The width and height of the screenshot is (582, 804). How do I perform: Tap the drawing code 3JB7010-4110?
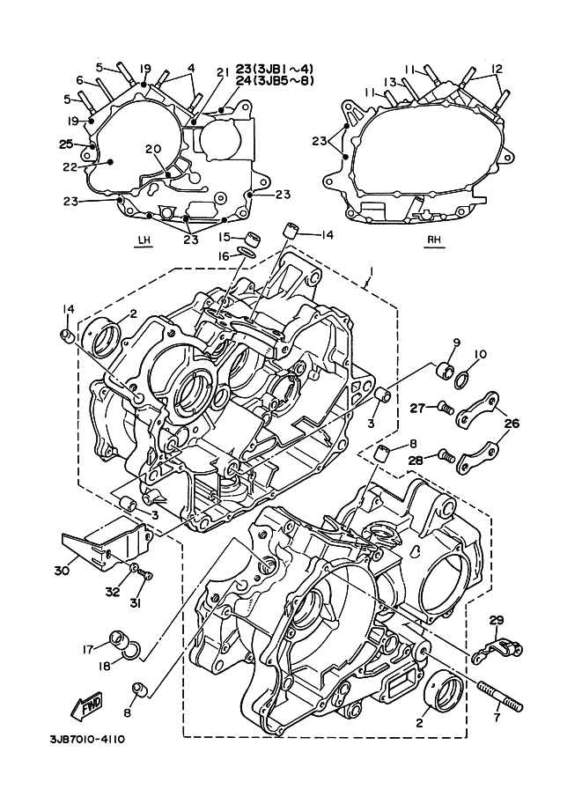[86, 740]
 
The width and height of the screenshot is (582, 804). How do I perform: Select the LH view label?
[145, 239]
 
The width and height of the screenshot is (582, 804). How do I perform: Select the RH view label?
[434, 239]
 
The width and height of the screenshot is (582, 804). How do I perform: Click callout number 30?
[62, 569]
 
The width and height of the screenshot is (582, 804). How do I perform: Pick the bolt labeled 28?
[446, 454]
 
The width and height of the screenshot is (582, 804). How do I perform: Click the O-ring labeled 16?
[247, 252]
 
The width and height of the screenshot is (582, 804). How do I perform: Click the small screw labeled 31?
[147, 576]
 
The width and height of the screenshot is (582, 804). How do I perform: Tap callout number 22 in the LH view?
[70, 167]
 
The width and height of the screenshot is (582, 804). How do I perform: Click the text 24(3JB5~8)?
[275, 80]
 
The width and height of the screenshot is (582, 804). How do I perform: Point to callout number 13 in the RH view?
[391, 82]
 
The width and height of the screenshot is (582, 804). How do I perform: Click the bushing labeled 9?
[445, 369]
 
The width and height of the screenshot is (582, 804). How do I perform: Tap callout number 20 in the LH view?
[153, 149]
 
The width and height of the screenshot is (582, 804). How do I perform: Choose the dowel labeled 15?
[252, 239]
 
